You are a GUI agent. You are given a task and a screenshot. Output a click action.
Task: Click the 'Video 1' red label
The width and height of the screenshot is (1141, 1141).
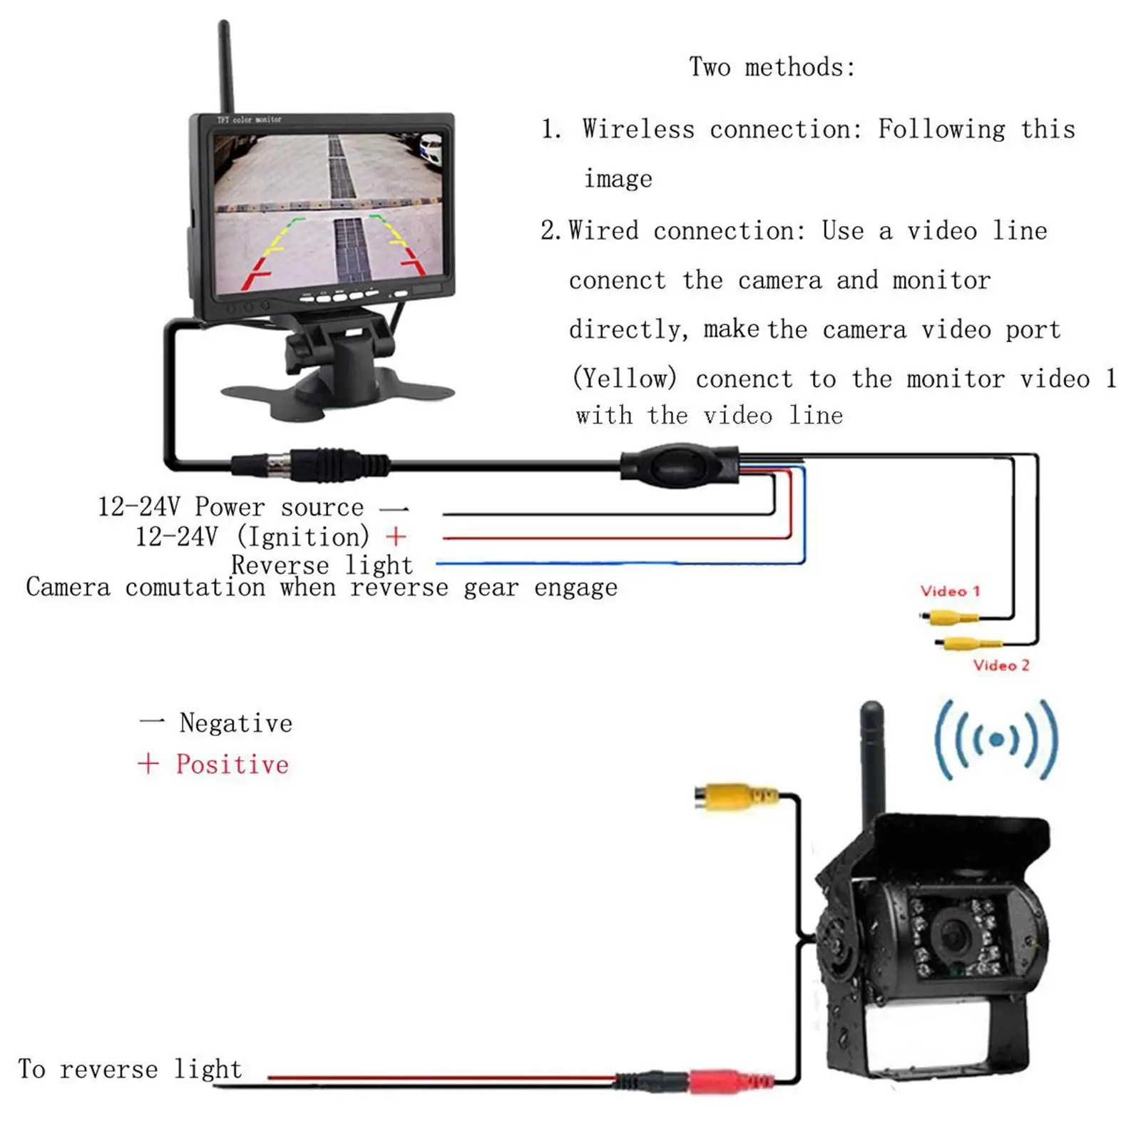pyautogui.click(x=950, y=591)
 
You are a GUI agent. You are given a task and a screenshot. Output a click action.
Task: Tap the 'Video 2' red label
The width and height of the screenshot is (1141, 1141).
pyautogui.click(x=1001, y=665)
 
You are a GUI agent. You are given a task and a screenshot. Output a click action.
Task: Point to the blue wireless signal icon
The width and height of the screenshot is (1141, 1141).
pyautogui.click(x=996, y=740)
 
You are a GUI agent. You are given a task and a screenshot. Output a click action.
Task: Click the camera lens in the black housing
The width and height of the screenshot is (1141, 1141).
pyautogui.click(x=953, y=933)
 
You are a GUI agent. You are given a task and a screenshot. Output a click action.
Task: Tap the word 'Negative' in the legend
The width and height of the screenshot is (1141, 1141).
pyautogui.click(x=235, y=723)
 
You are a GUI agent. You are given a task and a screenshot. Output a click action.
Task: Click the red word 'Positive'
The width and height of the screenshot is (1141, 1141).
pyautogui.click(x=232, y=764)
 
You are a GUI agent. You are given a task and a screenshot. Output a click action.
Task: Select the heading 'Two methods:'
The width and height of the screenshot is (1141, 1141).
pyautogui.click(x=772, y=67)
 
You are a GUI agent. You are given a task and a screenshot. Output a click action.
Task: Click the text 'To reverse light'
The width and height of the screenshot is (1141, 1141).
pyautogui.click(x=130, y=1069)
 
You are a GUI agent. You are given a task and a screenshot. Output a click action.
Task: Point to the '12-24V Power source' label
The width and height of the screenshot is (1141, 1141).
pyautogui.click(x=230, y=507)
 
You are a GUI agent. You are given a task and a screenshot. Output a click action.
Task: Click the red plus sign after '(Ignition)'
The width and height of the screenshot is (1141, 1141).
pyautogui.click(x=395, y=536)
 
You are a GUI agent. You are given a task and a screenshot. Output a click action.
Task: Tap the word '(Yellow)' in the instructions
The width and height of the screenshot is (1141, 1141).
pyautogui.click(x=625, y=378)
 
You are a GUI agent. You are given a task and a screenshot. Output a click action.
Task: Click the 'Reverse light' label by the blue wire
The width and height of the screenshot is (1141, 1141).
pyautogui.click(x=322, y=565)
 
